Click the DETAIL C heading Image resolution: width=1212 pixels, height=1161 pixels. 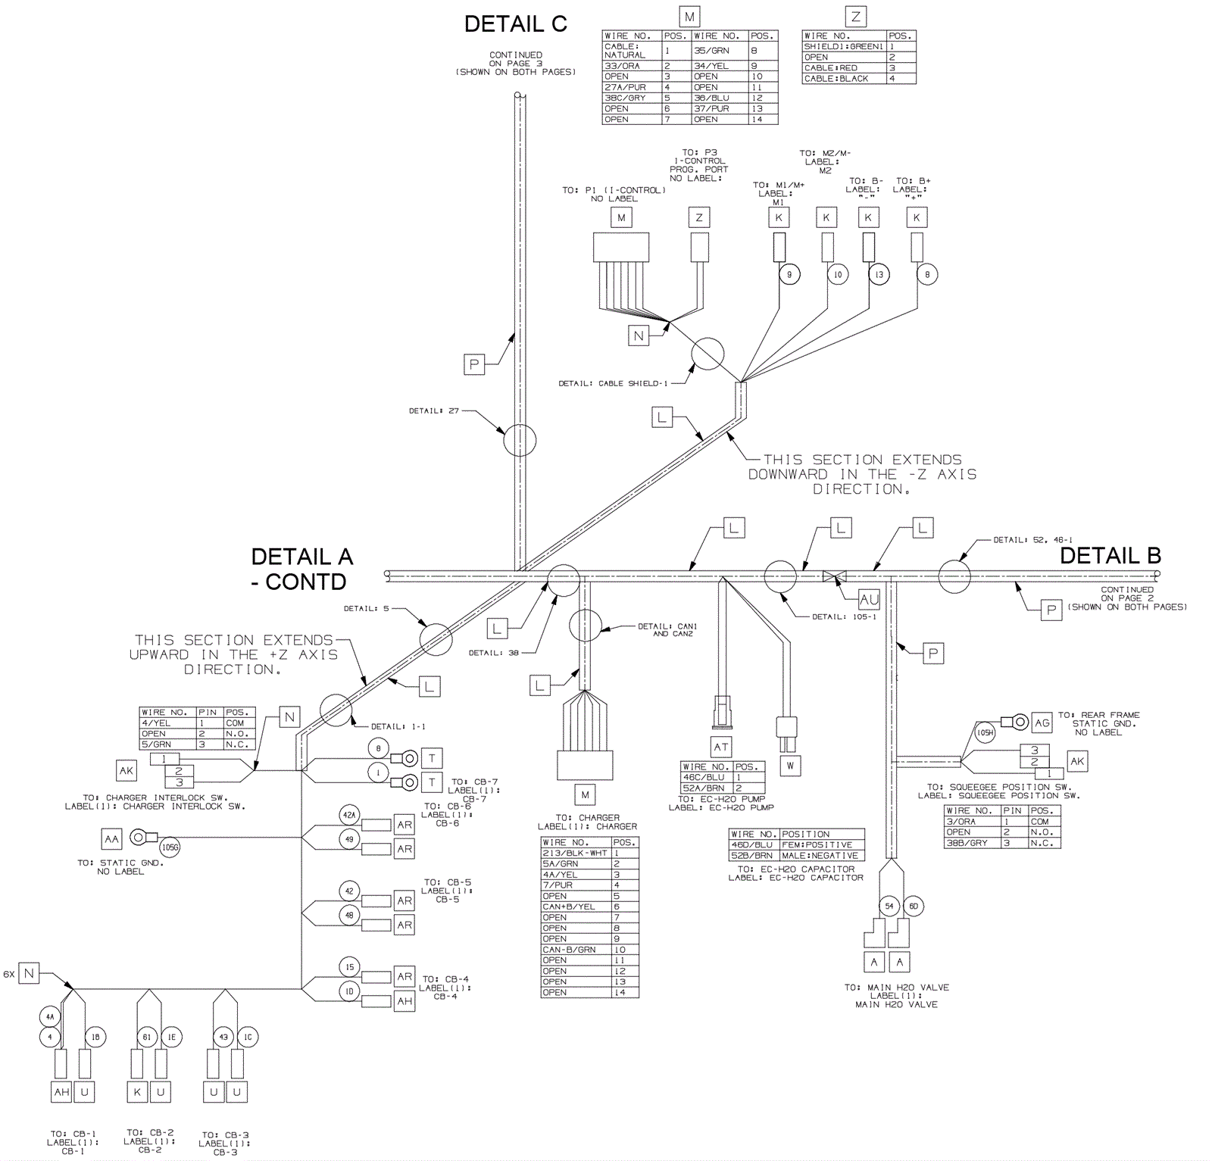[x=515, y=24]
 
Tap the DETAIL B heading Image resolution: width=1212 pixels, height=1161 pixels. [x=1110, y=556]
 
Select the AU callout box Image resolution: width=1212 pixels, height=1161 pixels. [x=869, y=599]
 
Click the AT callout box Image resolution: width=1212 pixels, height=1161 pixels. [x=721, y=747]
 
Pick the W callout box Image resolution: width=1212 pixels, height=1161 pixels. [x=790, y=766]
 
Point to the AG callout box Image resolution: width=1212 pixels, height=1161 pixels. [x=1042, y=723]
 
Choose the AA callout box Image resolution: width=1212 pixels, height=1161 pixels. [x=111, y=839]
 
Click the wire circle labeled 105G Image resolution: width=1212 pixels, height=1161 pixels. [x=170, y=847]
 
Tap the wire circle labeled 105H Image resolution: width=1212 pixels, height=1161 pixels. [x=985, y=732]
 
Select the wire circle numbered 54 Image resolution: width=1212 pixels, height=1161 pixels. [x=889, y=906]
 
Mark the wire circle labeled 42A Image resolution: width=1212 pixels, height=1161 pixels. [x=349, y=816]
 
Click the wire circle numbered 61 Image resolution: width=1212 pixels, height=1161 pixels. [x=147, y=1037]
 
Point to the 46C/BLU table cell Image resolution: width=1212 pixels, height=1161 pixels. [x=707, y=777]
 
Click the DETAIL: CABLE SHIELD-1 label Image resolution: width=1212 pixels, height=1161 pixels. [x=614, y=384]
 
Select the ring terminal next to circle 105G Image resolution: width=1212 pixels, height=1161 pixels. [x=139, y=838]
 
